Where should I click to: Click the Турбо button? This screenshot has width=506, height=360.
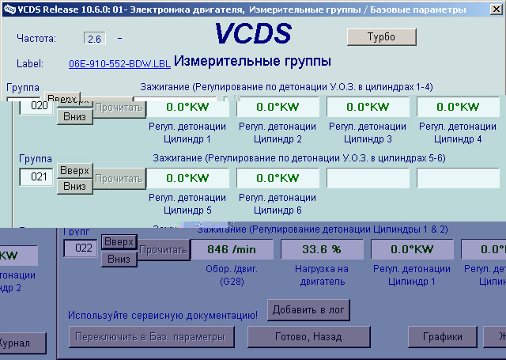(381, 36)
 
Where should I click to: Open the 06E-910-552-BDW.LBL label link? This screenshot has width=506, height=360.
(118, 63)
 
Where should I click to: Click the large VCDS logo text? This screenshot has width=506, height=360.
(253, 33)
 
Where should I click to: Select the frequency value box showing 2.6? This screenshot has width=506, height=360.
(94, 38)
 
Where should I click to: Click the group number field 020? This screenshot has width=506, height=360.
(35, 106)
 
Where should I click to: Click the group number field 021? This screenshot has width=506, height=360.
(36, 177)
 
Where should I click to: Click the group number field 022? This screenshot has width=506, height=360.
(80, 248)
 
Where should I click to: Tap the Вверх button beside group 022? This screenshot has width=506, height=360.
(119, 241)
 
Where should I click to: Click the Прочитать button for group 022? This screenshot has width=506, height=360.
(164, 249)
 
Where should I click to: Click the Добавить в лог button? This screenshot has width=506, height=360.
(308, 309)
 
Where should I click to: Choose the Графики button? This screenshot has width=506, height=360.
(442, 336)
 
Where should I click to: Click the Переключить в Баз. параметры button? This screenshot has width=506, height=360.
(150, 336)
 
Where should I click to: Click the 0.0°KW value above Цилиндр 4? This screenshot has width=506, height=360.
(459, 107)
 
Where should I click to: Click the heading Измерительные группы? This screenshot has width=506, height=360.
(251, 61)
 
